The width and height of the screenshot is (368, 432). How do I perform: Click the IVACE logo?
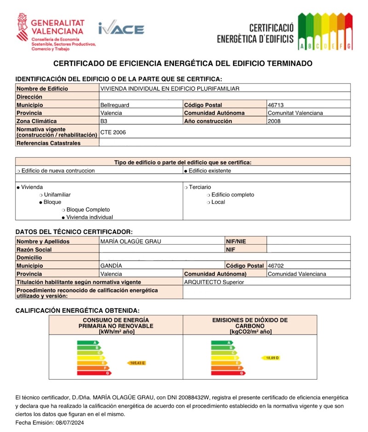click(x=121, y=29)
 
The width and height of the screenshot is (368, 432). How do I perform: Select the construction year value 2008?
click(x=274, y=121)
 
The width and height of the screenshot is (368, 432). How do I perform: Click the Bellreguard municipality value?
click(x=115, y=105)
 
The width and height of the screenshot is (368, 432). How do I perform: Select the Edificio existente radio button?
click(x=185, y=171)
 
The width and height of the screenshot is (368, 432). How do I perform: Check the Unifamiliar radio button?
click(x=40, y=195)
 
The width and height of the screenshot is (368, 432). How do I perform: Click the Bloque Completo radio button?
click(x=63, y=210)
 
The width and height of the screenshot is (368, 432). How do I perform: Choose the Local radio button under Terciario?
click(x=208, y=202)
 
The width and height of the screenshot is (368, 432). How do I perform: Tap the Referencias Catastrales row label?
click(x=48, y=143)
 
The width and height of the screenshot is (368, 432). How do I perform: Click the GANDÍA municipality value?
click(x=111, y=266)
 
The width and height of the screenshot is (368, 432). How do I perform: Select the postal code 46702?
click(x=276, y=266)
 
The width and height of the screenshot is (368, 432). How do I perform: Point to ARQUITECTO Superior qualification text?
click(x=214, y=282)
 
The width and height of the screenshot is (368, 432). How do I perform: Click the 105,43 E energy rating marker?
click(x=136, y=363)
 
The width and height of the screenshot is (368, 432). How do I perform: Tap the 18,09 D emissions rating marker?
click(x=272, y=357)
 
